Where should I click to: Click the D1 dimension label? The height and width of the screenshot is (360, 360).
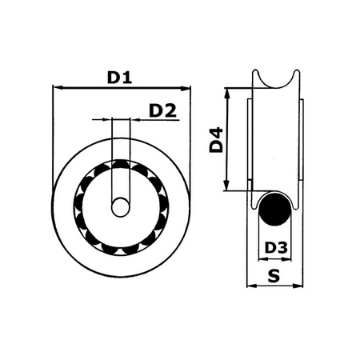[119, 78]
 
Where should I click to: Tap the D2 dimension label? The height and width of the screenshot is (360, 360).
[163, 110]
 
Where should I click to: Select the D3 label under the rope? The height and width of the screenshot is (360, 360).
[275, 248]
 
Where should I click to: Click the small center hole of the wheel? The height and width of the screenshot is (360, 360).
[120, 206]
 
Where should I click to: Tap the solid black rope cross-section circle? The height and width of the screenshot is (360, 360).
[276, 211]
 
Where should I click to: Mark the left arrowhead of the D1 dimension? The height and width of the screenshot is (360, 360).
[55, 87]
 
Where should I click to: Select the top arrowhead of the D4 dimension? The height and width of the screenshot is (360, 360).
[230, 91]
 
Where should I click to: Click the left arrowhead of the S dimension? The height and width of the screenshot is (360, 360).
[247, 286]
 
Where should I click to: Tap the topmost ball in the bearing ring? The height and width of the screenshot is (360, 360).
[120, 166]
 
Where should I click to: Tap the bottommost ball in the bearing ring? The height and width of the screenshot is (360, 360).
[120, 248]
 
